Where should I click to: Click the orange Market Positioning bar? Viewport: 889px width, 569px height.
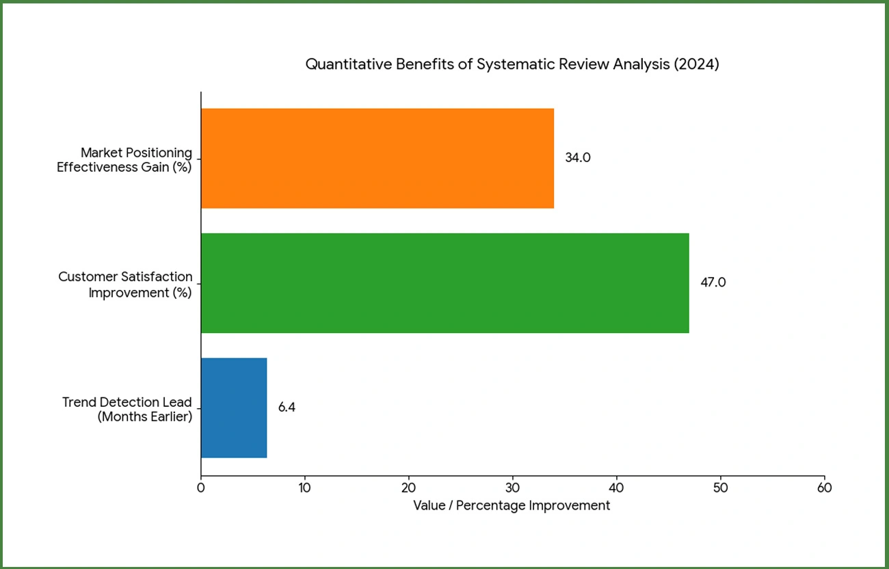(377, 158)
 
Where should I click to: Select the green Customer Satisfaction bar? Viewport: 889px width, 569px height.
(444, 283)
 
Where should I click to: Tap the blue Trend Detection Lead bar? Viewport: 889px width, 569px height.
(234, 408)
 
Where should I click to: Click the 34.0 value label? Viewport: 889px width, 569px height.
(577, 158)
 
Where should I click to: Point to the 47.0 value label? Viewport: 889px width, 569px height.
(713, 282)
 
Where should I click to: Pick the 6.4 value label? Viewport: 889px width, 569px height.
(287, 408)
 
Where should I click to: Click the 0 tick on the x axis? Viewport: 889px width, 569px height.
(201, 488)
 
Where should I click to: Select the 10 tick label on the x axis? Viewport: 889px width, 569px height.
(305, 488)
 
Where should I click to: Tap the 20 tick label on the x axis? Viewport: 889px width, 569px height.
(409, 488)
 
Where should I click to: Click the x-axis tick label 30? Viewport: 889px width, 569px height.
(513, 488)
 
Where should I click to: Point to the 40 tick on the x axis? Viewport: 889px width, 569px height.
(617, 488)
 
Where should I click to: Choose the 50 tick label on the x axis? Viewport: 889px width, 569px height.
(721, 488)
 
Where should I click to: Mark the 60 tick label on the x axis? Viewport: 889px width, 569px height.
(825, 488)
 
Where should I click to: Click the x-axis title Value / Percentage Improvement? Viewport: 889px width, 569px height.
(512, 506)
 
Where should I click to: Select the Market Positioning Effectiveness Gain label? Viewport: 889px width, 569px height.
(124, 159)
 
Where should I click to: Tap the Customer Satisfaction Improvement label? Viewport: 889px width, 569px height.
(125, 284)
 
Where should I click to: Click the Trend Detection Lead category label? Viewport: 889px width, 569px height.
(127, 409)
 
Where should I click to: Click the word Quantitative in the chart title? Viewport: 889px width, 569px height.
(349, 65)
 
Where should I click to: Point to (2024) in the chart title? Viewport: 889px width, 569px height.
(696, 65)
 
